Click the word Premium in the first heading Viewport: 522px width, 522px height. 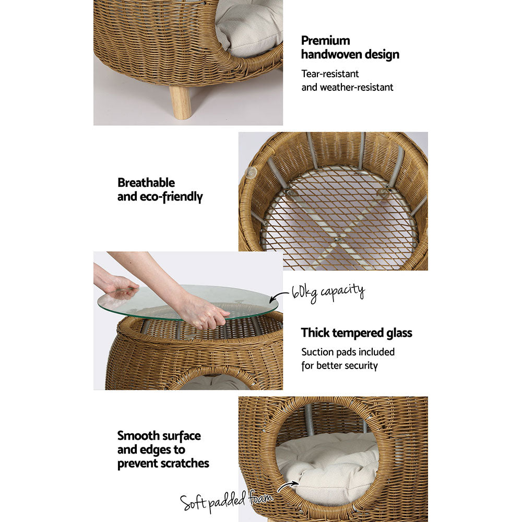coord(326,41)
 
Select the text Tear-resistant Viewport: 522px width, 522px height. coord(330,74)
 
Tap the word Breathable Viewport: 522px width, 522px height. coord(146,183)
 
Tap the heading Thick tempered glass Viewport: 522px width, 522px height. coord(357,333)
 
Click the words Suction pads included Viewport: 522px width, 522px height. coord(348,352)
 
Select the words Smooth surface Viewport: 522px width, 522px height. coord(159,436)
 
